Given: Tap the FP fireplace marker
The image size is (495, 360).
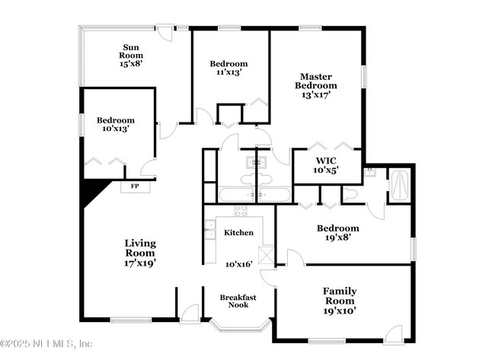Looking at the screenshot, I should pyautogui.click(x=134, y=186).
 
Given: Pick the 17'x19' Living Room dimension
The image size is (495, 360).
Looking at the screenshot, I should pyautogui.click(x=140, y=263).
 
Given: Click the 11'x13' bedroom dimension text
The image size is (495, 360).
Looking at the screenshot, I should pyautogui.click(x=229, y=73).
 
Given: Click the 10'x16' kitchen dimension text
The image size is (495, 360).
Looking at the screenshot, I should pyautogui.click(x=238, y=265).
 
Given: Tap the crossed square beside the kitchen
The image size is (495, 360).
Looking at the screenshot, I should pyautogui.click(x=265, y=255).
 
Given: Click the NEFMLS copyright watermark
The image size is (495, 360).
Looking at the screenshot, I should pyautogui.click(x=47, y=343).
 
